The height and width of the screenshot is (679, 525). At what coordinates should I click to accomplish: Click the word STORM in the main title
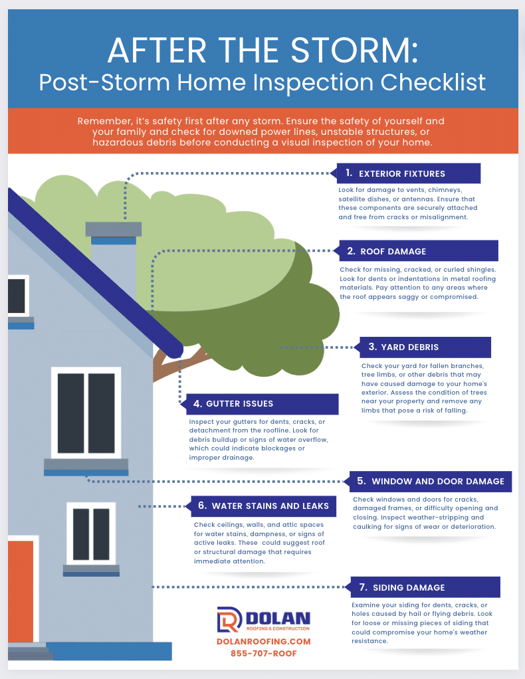(x=354, y=50)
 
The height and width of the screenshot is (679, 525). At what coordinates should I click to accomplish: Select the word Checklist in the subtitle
(x=433, y=82)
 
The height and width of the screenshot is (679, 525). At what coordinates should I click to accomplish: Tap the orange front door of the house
(x=21, y=591)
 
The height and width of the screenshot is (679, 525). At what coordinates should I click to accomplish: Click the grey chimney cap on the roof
(x=114, y=229)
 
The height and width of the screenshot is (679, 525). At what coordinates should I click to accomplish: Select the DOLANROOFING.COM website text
(x=263, y=641)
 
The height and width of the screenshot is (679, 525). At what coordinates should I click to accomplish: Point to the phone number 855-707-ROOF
(x=263, y=654)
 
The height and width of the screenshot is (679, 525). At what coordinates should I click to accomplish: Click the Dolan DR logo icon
(x=229, y=619)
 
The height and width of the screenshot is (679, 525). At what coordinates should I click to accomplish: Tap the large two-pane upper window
(x=86, y=413)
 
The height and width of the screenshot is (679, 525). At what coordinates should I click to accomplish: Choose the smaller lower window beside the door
(x=91, y=533)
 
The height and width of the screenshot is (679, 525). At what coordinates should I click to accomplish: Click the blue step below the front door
(x=109, y=651)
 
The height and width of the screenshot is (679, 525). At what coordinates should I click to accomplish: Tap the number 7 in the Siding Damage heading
(x=363, y=587)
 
